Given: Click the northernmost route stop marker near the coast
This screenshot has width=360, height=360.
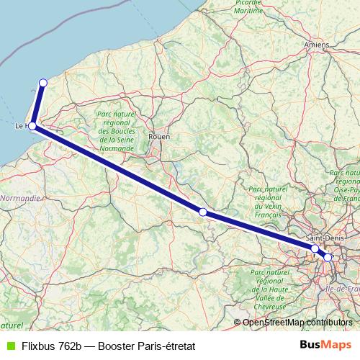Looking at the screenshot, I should (x=43, y=83).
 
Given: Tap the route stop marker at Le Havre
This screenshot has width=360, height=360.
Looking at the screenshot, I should (x=32, y=126).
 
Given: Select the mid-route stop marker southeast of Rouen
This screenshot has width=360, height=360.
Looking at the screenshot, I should (x=203, y=212).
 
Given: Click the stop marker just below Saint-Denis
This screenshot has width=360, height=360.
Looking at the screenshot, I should (x=315, y=248).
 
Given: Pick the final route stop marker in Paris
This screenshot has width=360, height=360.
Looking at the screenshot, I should (x=328, y=257).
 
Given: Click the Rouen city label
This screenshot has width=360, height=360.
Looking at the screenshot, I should (x=158, y=135).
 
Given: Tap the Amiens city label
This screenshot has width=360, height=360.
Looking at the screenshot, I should (x=317, y=45).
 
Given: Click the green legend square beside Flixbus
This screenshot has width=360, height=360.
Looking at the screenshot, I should (x=9, y=346).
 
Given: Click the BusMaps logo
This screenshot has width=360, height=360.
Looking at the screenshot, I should (x=325, y=346).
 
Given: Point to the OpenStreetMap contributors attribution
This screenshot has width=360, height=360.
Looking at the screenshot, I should (x=297, y=323).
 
